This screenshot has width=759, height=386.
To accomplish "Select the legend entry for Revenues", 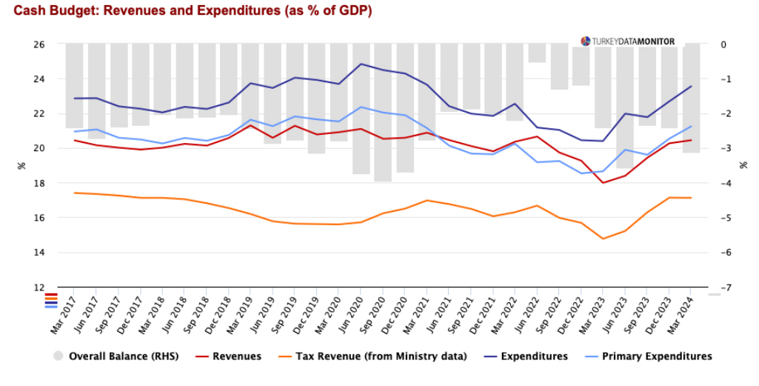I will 236,356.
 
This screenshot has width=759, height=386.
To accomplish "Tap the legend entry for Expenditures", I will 534,356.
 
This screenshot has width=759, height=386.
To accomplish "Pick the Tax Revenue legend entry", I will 381,356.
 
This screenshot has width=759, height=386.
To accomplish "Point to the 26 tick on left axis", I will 39,44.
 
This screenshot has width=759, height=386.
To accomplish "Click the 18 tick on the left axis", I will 39,183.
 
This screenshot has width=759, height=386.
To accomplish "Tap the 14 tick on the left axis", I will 39,253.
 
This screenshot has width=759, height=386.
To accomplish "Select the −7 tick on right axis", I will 726,287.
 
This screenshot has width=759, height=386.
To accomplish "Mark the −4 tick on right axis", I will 726,183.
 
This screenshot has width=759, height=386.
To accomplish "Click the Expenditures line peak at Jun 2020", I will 361,64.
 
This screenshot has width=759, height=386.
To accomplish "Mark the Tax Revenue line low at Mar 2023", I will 603,239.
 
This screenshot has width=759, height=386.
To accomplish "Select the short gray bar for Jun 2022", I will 538,53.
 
